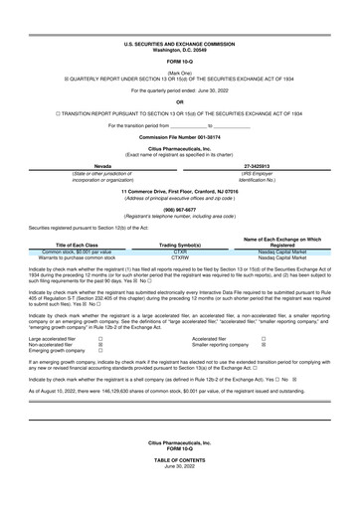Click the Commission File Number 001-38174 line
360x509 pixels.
[x=180, y=136]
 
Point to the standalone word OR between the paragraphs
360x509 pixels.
[x=180, y=101]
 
